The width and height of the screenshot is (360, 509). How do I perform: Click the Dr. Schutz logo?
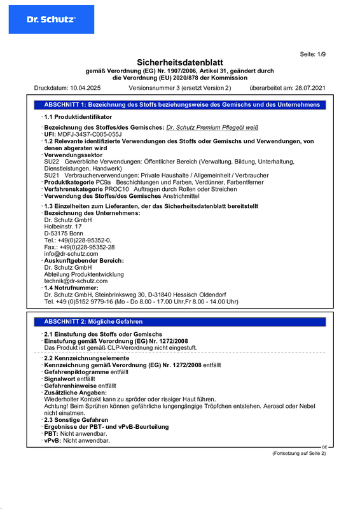51,19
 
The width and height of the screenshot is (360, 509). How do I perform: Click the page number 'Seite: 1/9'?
312,55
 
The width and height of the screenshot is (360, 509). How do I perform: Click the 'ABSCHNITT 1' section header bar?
182,104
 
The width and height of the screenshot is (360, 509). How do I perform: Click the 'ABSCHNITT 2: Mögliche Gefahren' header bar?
93,322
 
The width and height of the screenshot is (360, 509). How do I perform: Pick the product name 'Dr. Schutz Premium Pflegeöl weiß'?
212,128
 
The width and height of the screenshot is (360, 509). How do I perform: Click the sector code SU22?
52,162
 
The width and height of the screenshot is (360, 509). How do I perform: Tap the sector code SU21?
52,175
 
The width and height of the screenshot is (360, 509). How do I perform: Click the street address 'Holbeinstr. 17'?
63,227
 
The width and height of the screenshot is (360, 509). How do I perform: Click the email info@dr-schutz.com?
71,254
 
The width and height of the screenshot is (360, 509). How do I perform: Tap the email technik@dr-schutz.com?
76,281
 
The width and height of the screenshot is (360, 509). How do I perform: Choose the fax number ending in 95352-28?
80,247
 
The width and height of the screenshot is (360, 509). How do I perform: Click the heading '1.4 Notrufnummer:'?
71,288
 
